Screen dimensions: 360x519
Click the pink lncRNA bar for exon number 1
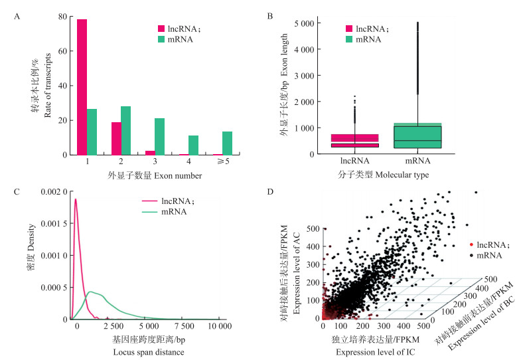pos(82,87)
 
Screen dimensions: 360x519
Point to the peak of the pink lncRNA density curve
pos(76,199)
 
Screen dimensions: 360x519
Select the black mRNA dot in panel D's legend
pos(472,254)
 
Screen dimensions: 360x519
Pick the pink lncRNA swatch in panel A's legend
pos(161,29)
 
